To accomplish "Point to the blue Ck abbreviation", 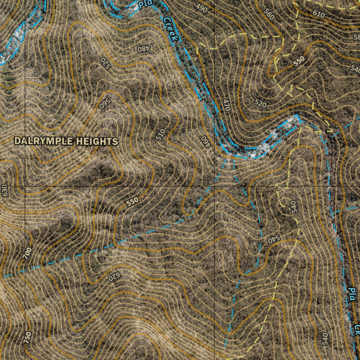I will coord(357,329).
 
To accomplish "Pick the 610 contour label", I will coord(319,14).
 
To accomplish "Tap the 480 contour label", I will coord(143,49).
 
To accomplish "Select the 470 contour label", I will coord(226,105).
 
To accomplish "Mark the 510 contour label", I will coord(160,135).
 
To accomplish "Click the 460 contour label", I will coord(205,141).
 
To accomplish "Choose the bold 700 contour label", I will coord(27,253).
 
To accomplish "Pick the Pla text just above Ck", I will coord(351,294).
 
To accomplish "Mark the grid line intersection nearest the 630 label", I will coord(25,186).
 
